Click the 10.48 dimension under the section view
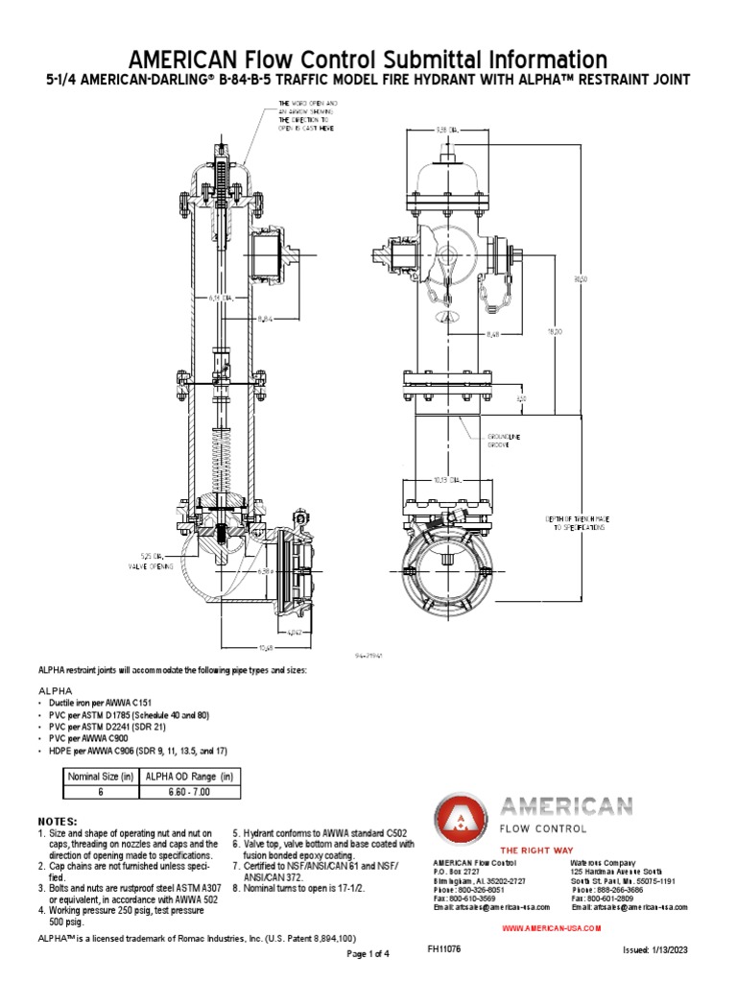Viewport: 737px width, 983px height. (x=250, y=646)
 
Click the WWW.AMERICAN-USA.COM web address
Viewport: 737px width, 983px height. (x=552, y=928)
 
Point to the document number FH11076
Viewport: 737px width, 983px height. (x=444, y=947)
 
